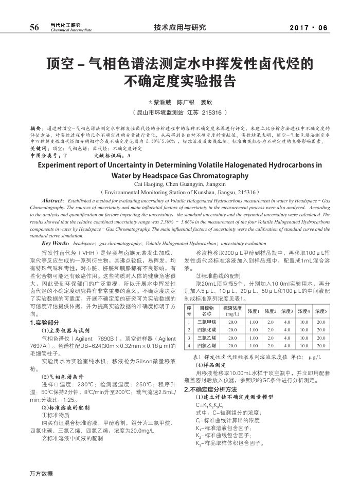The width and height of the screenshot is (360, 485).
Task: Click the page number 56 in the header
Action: (x=34, y=27)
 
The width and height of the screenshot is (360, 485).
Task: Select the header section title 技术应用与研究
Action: (x=180, y=27)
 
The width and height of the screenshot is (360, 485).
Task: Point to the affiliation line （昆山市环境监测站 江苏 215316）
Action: (x=180, y=112)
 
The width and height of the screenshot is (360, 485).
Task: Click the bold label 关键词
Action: (x=38, y=147)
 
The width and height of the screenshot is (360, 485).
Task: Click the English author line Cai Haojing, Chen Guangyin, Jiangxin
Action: (x=180, y=183)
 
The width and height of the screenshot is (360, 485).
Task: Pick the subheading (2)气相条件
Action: (x=59, y=377)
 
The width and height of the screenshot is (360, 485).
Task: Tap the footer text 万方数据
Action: (x=41, y=473)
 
